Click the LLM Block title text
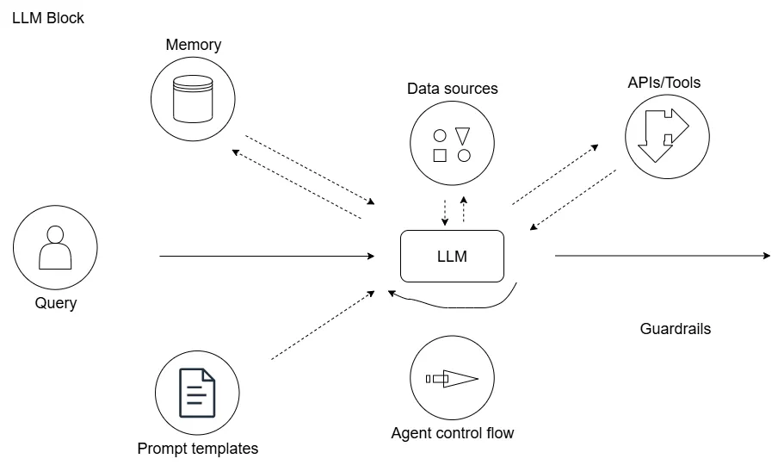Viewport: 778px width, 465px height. [48, 17]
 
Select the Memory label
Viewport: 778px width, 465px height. [194, 45]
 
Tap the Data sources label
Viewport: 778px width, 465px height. [452, 89]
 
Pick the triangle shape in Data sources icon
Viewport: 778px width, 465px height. [463, 135]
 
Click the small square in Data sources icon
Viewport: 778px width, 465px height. [440, 156]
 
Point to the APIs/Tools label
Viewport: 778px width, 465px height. [664, 83]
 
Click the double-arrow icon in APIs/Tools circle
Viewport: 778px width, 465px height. [665, 135]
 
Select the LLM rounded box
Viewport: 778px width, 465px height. [452, 256]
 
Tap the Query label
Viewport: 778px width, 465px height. [56, 303]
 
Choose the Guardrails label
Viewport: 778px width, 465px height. [676, 329]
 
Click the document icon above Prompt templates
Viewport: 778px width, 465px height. [196, 393]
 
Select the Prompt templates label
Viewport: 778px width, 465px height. [197, 449]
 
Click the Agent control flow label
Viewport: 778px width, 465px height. [452, 433]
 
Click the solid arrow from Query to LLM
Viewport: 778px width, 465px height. [267, 256]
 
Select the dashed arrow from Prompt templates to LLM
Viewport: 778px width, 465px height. [323, 325]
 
